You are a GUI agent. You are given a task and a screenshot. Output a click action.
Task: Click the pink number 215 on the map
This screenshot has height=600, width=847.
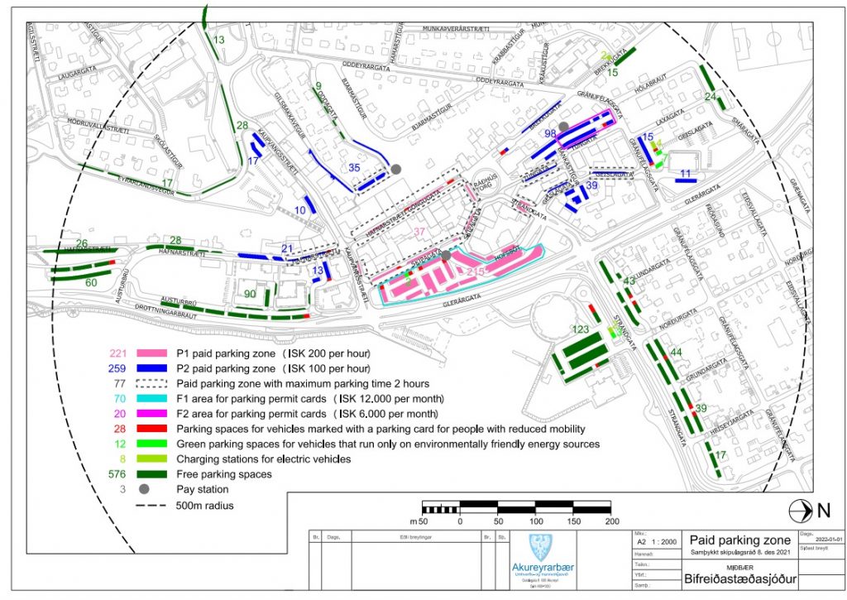(476, 271)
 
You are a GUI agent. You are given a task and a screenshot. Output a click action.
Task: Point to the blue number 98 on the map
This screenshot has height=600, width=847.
(550, 133)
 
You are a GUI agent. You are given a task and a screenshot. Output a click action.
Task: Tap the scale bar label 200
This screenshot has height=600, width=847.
(612, 521)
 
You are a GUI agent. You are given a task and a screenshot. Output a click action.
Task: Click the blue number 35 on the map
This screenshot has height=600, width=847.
(354, 168)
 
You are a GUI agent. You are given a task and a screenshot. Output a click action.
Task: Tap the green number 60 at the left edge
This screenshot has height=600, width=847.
(91, 283)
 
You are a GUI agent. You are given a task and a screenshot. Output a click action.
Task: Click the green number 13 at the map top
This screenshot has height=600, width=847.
(219, 40)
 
